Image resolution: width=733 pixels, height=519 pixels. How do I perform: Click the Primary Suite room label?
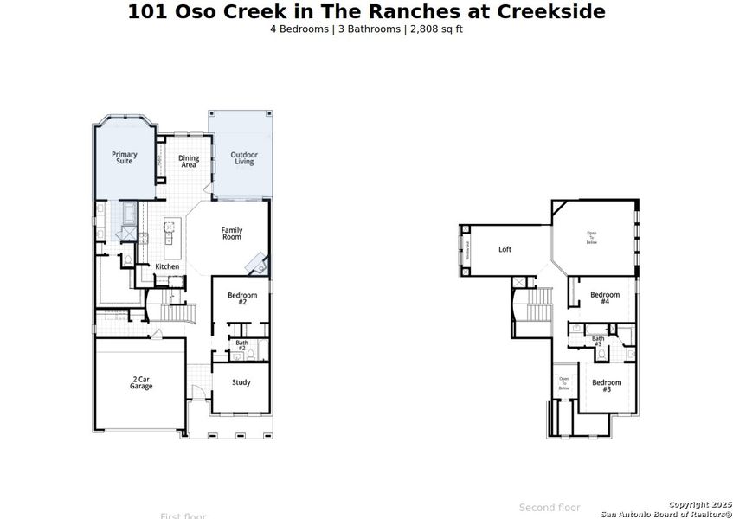click(x=125, y=157)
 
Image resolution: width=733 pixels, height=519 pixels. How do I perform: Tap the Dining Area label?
click(x=189, y=161)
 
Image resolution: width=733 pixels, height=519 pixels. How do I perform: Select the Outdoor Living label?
click(x=244, y=158)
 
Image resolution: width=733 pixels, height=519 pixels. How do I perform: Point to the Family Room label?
click(x=232, y=234)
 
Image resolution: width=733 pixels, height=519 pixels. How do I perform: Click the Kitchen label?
click(x=167, y=266)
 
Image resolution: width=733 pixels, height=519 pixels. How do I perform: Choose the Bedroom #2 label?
click(x=242, y=298)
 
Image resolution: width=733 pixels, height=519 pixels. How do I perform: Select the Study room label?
click(x=241, y=382)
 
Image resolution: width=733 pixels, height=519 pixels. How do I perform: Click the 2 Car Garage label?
click(x=141, y=382)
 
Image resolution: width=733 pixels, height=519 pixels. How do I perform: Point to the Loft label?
click(x=505, y=250)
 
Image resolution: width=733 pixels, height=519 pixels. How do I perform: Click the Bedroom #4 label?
click(x=605, y=298)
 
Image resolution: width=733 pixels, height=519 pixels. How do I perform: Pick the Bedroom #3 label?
click(x=607, y=386)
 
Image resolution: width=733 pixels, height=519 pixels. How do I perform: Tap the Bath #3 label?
click(x=598, y=341)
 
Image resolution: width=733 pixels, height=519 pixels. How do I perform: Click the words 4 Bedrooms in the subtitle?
click(x=299, y=29)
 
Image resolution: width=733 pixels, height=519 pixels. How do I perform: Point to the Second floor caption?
click(x=550, y=508)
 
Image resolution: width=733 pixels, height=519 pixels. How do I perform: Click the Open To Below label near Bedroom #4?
click(x=592, y=238)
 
